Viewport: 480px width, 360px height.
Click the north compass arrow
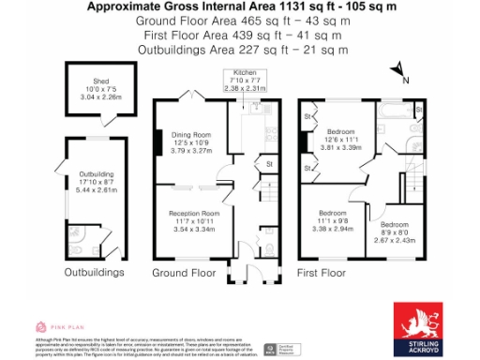coord(397,68)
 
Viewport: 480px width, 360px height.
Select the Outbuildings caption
coord(94,273)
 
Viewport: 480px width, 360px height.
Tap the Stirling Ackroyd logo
coord(425,327)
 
